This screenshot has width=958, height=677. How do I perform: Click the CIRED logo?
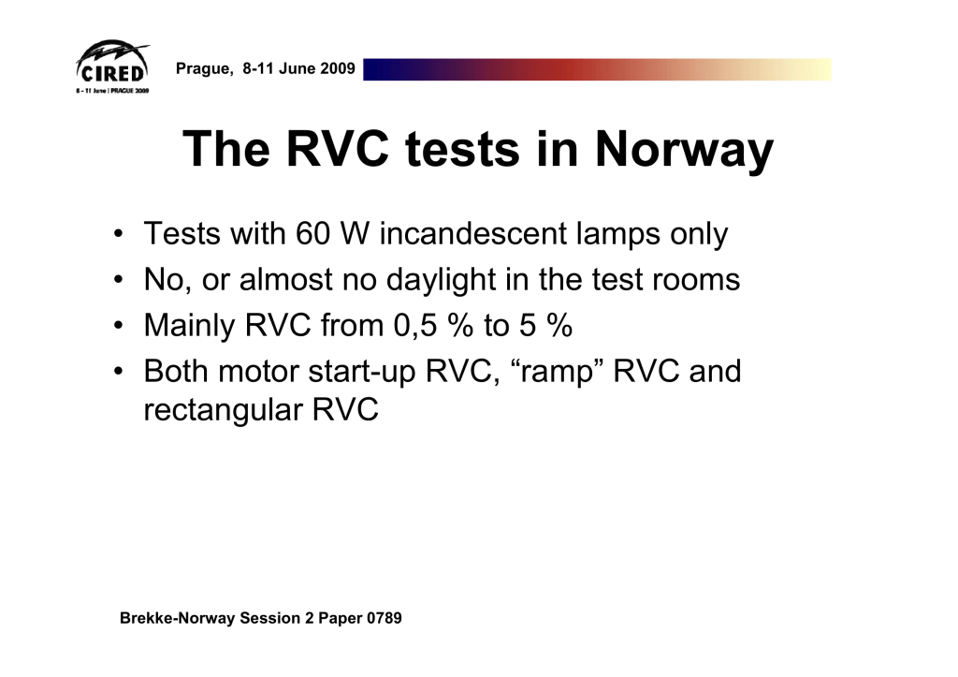[112, 67]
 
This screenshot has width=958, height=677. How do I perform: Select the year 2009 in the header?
[337, 67]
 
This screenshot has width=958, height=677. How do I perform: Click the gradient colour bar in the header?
[597, 69]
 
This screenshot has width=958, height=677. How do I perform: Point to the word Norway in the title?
[684, 149]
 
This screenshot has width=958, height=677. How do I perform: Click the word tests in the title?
[462, 149]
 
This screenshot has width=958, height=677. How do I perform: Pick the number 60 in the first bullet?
[312, 233]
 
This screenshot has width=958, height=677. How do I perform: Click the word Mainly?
[189, 326]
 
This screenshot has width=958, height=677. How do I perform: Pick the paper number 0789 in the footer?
[385, 618]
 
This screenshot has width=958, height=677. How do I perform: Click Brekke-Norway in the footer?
[177, 618]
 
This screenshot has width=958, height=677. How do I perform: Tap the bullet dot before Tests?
[119, 233]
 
